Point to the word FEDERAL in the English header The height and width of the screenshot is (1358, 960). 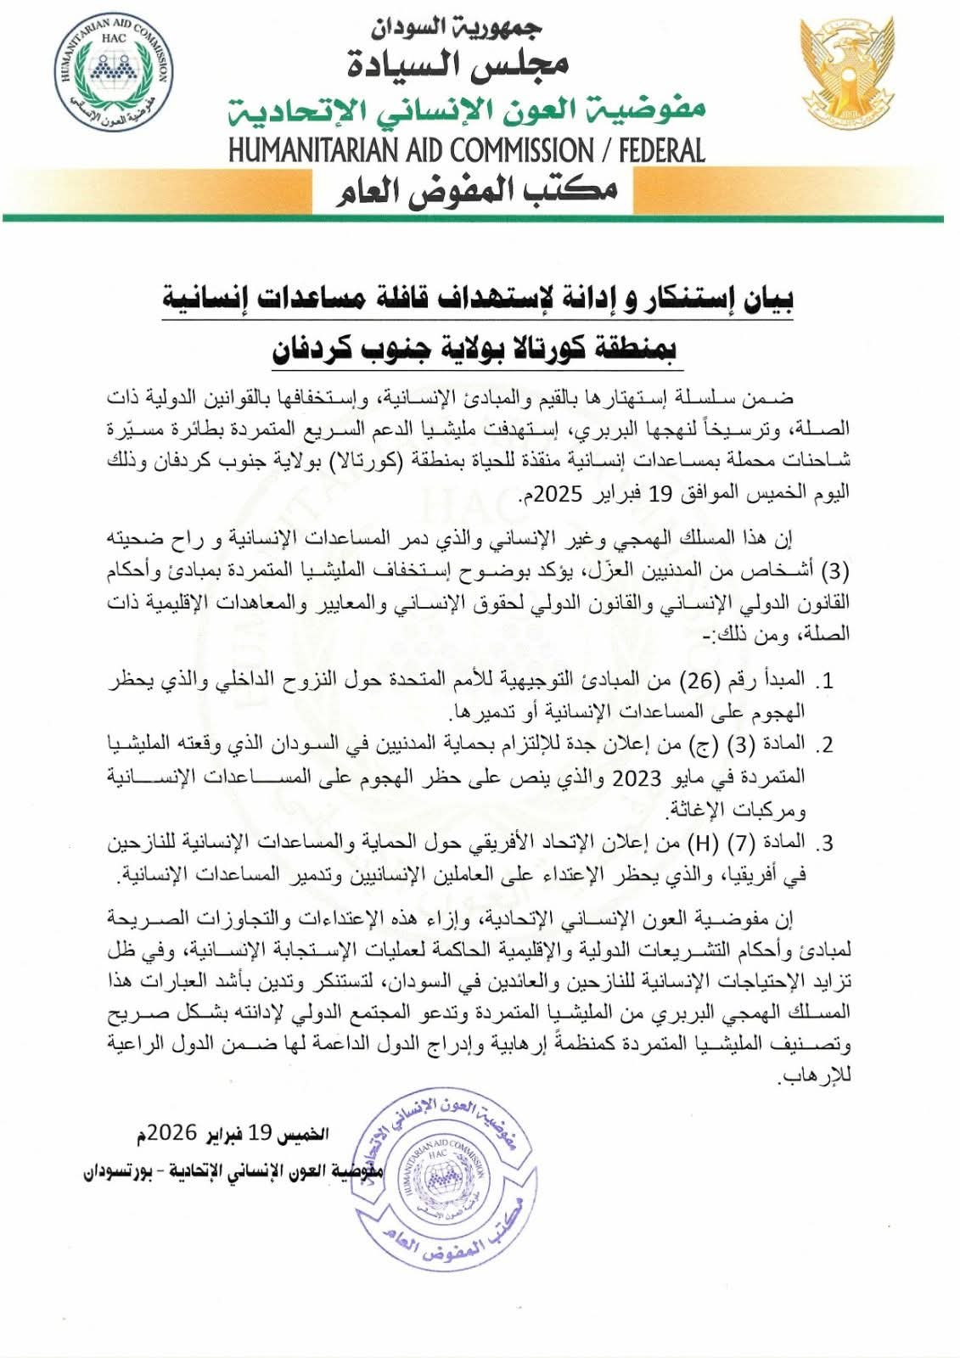tap(662, 151)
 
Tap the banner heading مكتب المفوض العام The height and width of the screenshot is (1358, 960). tap(478, 189)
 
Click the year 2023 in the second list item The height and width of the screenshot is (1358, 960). tap(636, 778)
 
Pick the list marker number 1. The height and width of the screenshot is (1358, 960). tap(825, 681)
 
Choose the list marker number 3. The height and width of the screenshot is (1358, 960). tap(825, 844)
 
